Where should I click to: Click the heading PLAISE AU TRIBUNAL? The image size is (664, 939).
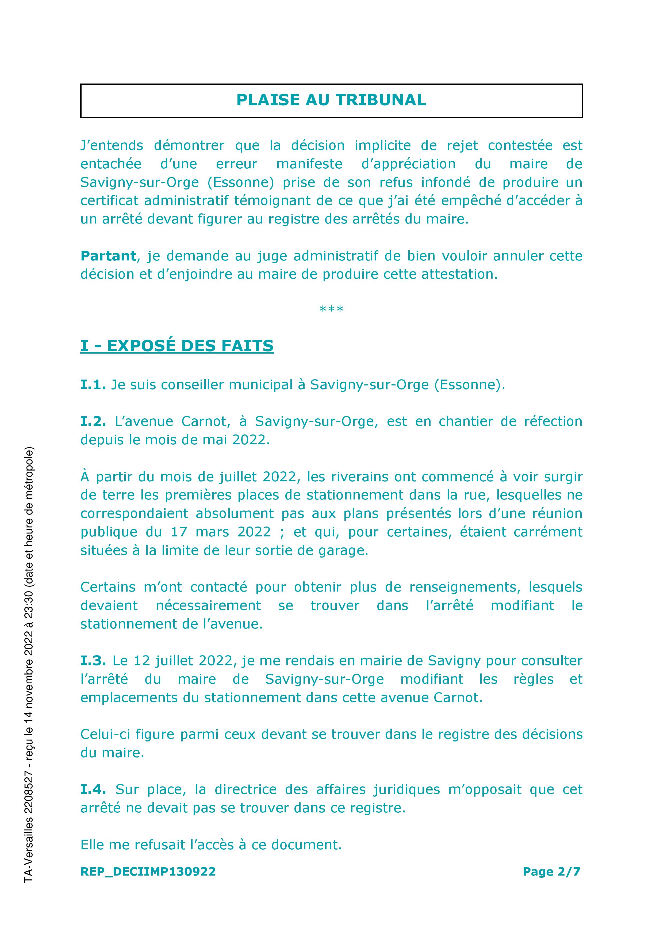(x=331, y=100)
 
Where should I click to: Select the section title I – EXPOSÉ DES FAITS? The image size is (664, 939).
(x=177, y=346)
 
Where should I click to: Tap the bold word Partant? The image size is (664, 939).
(x=108, y=256)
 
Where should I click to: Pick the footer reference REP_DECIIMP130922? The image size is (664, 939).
(x=148, y=872)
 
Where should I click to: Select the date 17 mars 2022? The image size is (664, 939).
(x=221, y=532)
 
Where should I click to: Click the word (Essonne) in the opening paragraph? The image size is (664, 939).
(x=240, y=182)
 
